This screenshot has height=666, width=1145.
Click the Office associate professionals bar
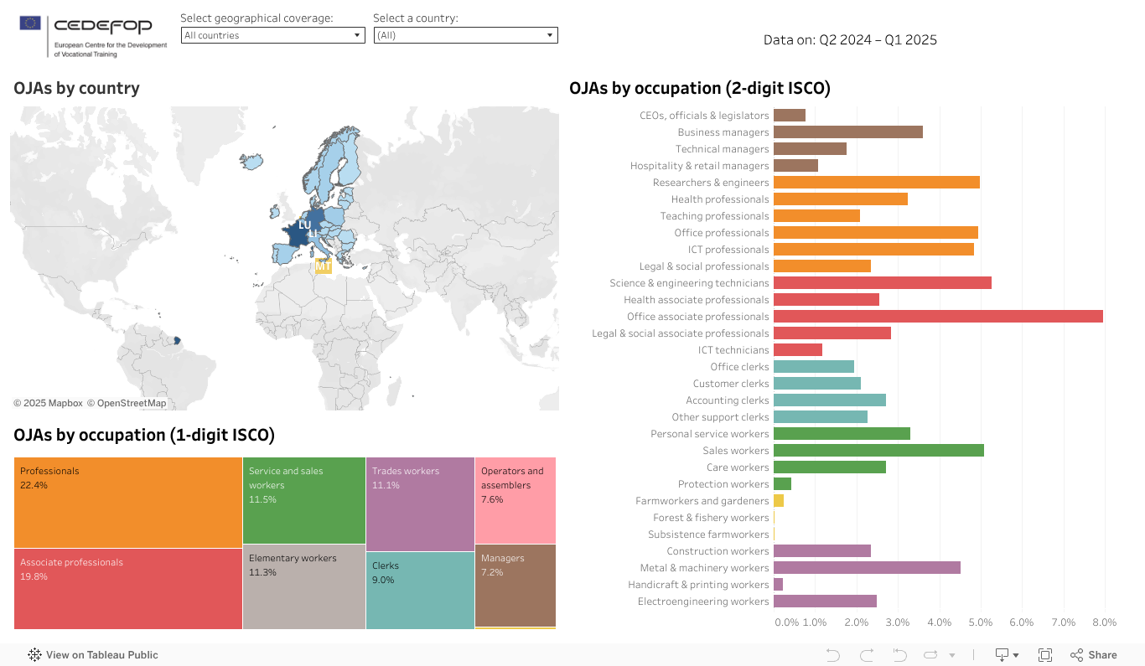tap(937, 317)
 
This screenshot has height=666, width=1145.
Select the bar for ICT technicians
tap(797, 350)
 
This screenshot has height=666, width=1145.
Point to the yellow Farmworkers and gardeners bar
tap(779, 501)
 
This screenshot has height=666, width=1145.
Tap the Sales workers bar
tap(878, 451)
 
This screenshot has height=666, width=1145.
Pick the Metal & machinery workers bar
tap(866, 568)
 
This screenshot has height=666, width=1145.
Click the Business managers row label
tap(723, 132)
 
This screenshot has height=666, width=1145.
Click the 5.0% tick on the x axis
tap(980, 622)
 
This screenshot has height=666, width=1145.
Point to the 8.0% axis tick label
tap(1104, 622)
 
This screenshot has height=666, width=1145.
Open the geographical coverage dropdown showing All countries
tap(272, 35)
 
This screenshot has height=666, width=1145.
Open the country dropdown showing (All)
tap(465, 35)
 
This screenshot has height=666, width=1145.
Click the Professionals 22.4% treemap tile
tap(127, 503)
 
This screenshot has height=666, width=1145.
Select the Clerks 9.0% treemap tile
tap(420, 590)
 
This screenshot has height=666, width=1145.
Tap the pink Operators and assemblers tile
tap(515, 500)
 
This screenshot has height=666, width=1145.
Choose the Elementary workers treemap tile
tap(303, 588)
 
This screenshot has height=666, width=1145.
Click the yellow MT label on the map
tap(323, 266)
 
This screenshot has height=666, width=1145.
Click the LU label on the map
tap(304, 225)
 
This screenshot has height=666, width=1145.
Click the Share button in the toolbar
tap(1094, 655)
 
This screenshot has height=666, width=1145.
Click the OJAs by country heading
tap(76, 88)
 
